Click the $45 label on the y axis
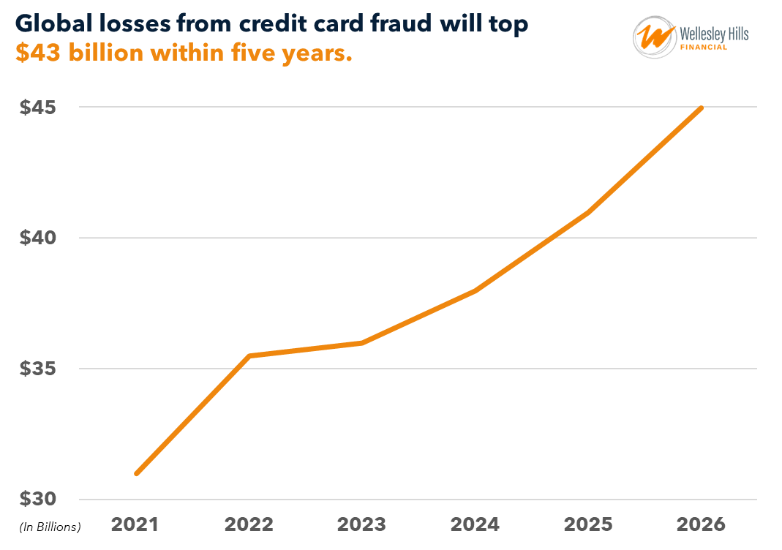point(38,108)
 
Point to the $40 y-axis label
point(38,238)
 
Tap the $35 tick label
point(38,369)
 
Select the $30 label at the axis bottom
point(38,500)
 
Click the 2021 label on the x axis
point(135,524)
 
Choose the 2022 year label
point(249,524)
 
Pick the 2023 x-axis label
point(361,524)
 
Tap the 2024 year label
point(475,524)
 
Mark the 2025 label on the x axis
point(588,524)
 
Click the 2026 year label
point(701,524)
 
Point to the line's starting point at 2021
point(136,474)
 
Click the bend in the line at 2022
point(249,356)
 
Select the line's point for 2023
point(362,342)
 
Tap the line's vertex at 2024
point(475,290)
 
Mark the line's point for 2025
point(588,212)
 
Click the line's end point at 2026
point(702,108)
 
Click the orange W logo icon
point(654,37)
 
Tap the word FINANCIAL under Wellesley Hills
point(704,48)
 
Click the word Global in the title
point(49,24)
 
